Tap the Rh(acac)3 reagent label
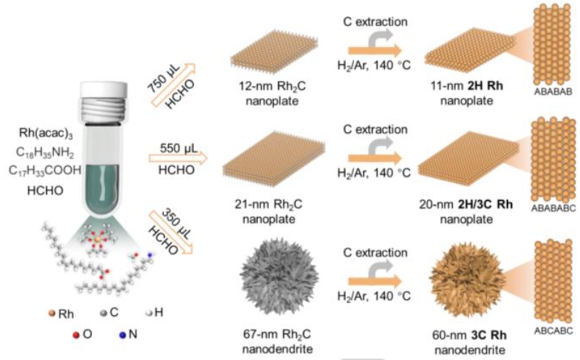(46, 133)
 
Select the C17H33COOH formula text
(45, 170)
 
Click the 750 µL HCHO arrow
(173, 85)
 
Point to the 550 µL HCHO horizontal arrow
(178, 158)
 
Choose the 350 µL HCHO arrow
(171, 232)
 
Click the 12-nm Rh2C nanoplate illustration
(274, 52)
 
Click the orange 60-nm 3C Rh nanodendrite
(467, 280)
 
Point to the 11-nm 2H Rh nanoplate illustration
(470, 50)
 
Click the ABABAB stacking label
(553, 92)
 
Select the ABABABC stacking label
(553, 208)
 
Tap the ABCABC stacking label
(553, 330)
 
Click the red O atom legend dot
(76, 335)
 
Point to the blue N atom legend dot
(122, 335)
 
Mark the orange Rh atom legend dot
(52, 314)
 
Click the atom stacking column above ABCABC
(553, 281)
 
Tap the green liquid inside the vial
(104, 188)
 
